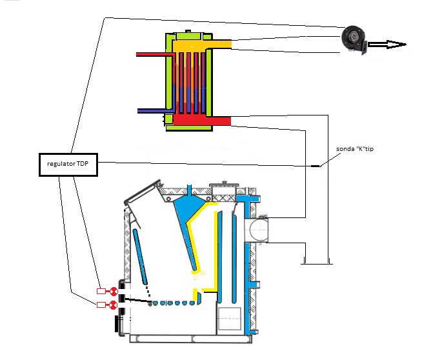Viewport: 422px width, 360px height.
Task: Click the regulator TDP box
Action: [x=68, y=165]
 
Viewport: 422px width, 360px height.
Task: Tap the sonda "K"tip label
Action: [x=355, y=149]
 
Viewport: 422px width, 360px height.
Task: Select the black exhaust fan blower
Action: [x=354, y=40]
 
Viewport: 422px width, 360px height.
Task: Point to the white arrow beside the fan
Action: [x=387, y=45]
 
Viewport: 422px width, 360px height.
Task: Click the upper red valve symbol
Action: [x=114, y=291]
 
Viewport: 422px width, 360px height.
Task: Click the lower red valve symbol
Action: [x=114, y=305]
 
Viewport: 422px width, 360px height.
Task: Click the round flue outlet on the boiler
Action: [x=256, y=230]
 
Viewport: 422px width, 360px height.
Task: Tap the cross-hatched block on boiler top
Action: [x=224, y=198]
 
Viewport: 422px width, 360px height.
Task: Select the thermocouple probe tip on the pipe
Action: [x=316, y=166]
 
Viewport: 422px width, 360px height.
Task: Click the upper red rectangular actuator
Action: [x=101, y=291]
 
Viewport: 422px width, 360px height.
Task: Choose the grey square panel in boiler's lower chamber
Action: [x=229, y=319]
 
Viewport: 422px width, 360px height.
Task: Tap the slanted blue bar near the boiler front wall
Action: [x=140, y=256]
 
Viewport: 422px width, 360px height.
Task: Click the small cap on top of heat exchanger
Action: [x=188, y=31]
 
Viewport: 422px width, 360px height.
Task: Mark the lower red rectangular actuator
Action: [x=101, y=305]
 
